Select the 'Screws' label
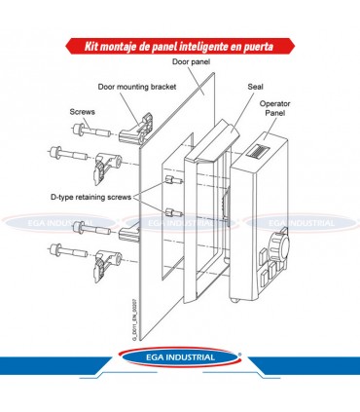82,112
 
